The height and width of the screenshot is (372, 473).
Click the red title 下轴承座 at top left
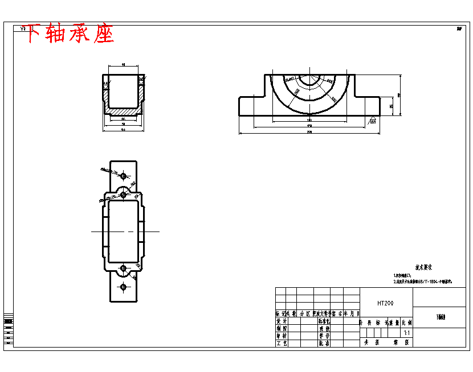[68, 34]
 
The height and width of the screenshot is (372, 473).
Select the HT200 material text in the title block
[385, 303]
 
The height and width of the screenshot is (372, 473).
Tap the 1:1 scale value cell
[406, 333]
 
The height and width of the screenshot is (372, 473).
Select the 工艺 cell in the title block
[281, 344]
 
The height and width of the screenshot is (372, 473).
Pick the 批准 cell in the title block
[324, 344]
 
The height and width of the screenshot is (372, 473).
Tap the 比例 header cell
[406, 323]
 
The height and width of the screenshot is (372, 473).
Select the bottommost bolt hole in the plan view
[123, 287]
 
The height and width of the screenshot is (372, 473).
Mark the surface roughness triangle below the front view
[372, 121]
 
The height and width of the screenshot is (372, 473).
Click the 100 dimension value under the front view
[309, 121]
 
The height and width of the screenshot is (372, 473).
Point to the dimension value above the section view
[124, 65]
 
